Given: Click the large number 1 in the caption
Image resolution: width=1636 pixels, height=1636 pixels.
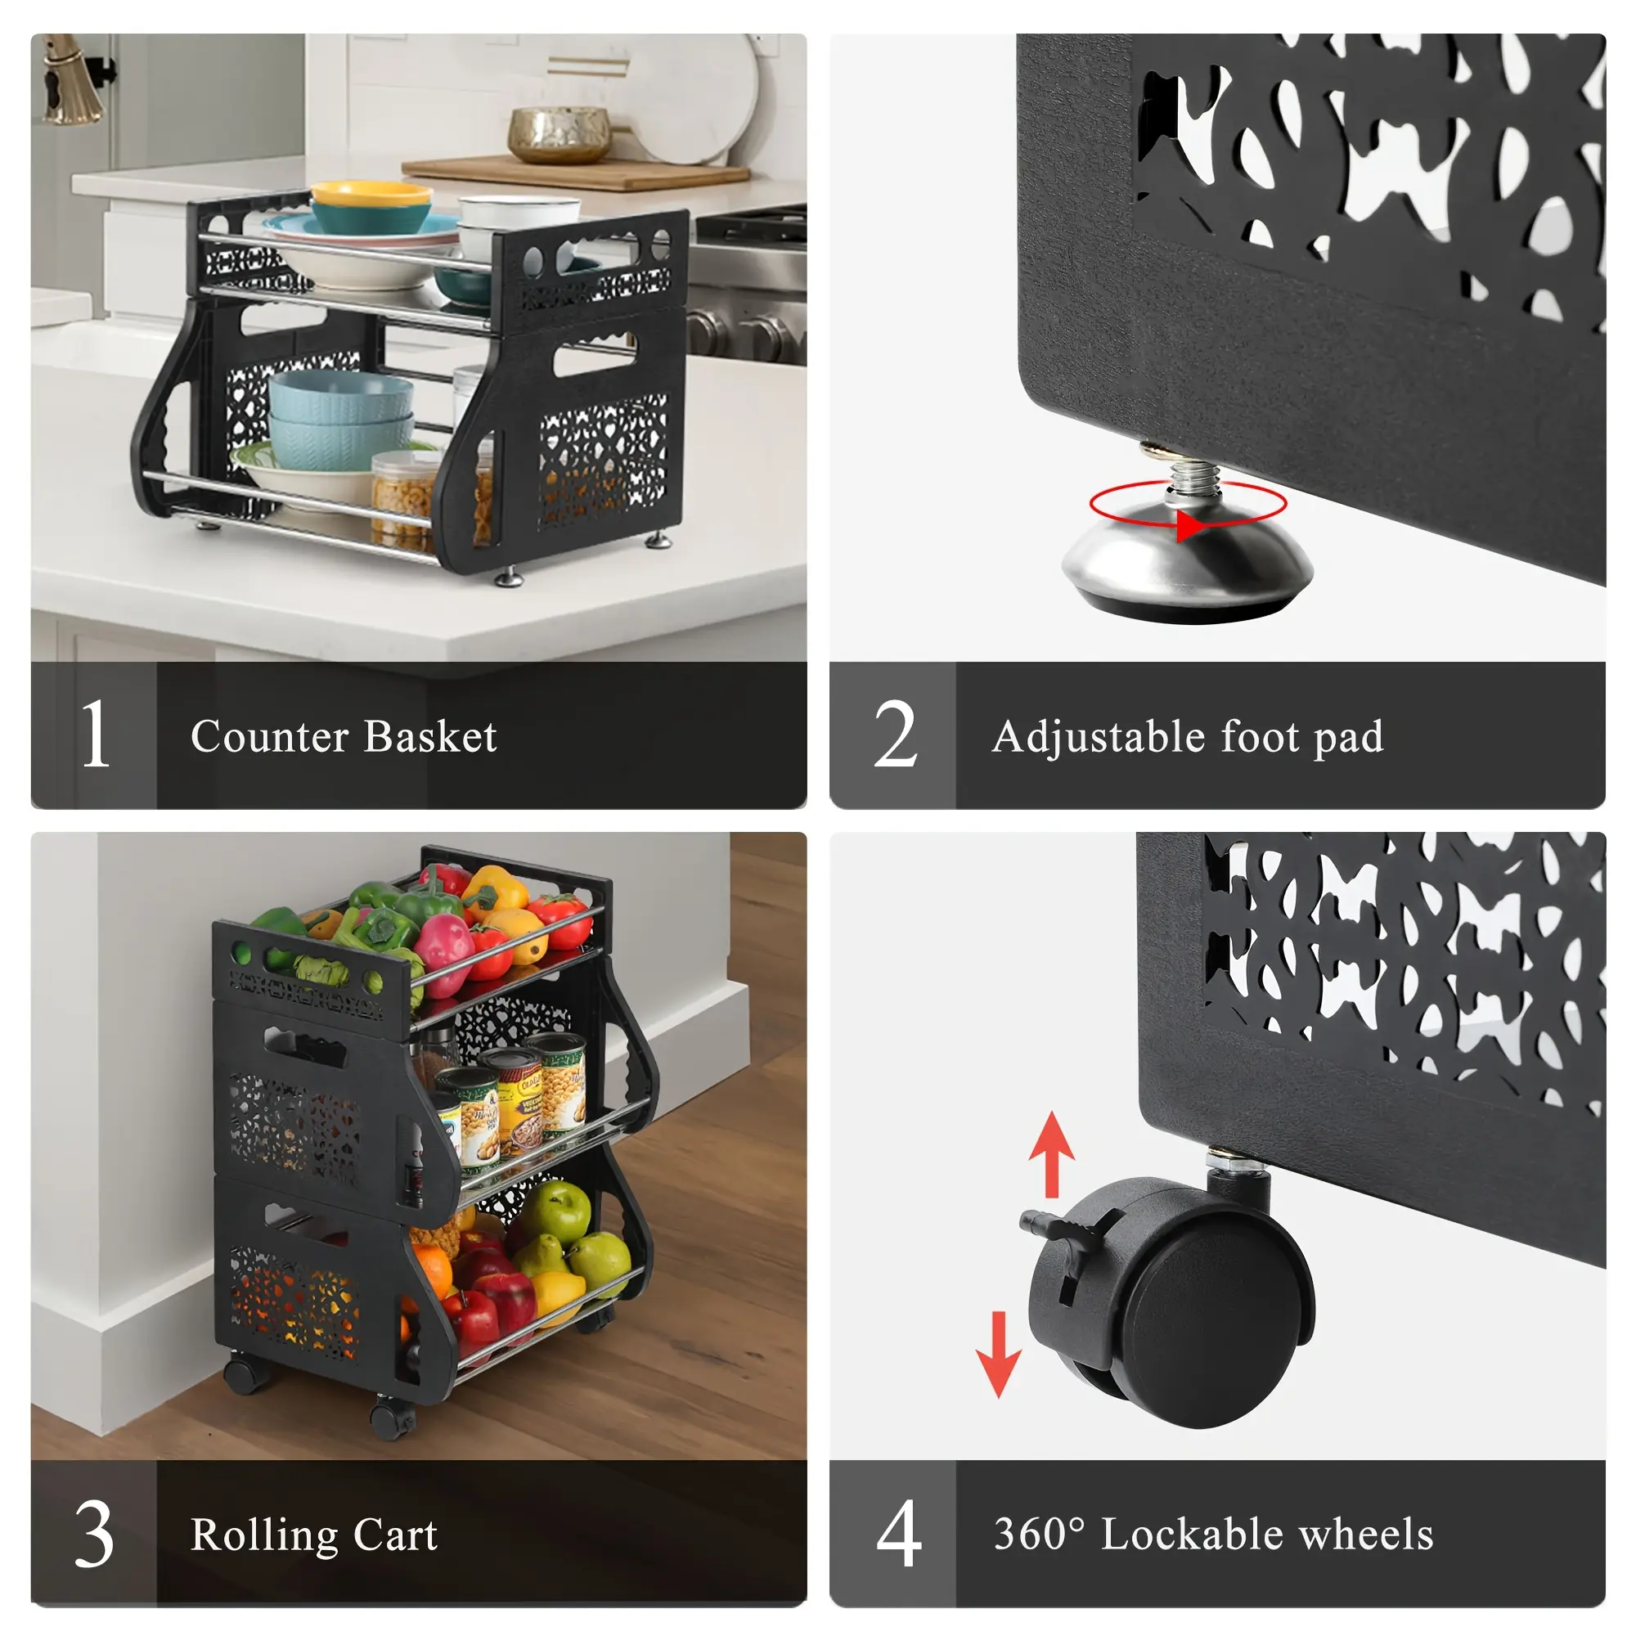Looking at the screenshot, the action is pyautogui.click(x=96, y=735).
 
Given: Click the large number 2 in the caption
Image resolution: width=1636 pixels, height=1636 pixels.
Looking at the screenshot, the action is pyautogui.click(x=895, y=735).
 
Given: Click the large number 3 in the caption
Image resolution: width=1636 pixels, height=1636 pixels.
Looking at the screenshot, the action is pyautogui.click(x=94, y=1534).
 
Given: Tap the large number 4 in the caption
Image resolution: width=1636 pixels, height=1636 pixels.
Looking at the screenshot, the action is pyautogui.click(x=898, y=1534).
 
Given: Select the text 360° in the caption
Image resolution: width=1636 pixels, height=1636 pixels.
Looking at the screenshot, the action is pyautogui.click(x=1039, y=1534).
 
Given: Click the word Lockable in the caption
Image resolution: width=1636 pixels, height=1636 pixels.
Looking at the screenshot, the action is pyautogui.click(x=1193, y=1534).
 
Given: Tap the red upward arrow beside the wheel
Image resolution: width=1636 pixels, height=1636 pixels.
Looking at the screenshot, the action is pyautogui.click(x=1052, y=1154).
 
